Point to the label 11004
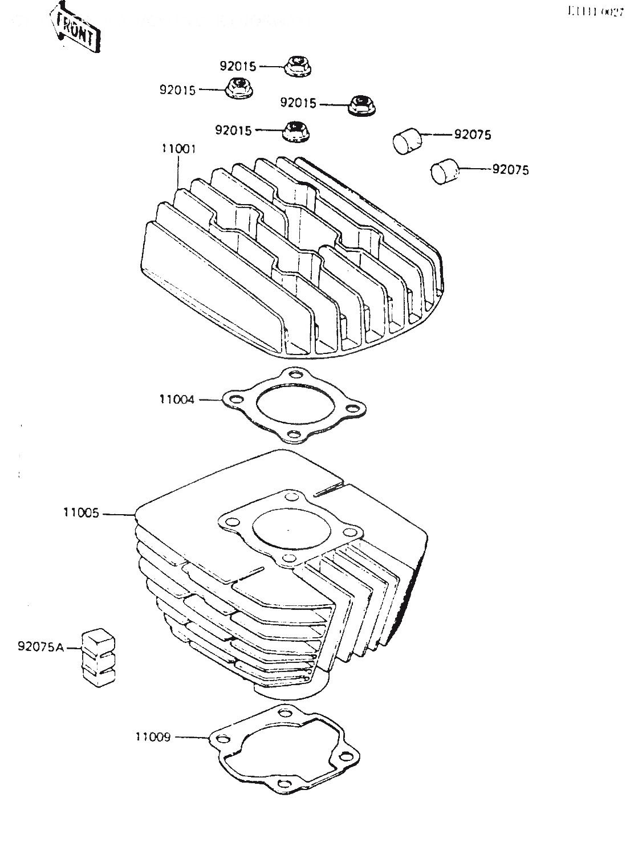[x=177, y=400]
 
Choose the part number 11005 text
[x=81, y=513]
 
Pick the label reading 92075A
[x=41, y=646]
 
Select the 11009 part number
[x=153, y=737]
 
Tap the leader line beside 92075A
[x=74, y=647]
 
